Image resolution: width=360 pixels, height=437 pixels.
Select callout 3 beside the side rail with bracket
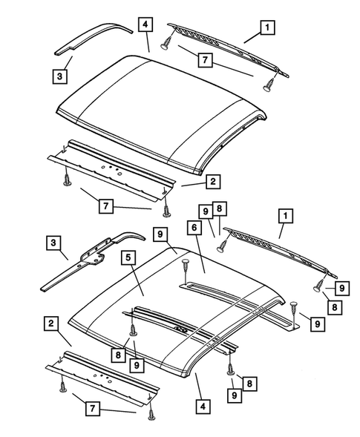pos(53,243)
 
